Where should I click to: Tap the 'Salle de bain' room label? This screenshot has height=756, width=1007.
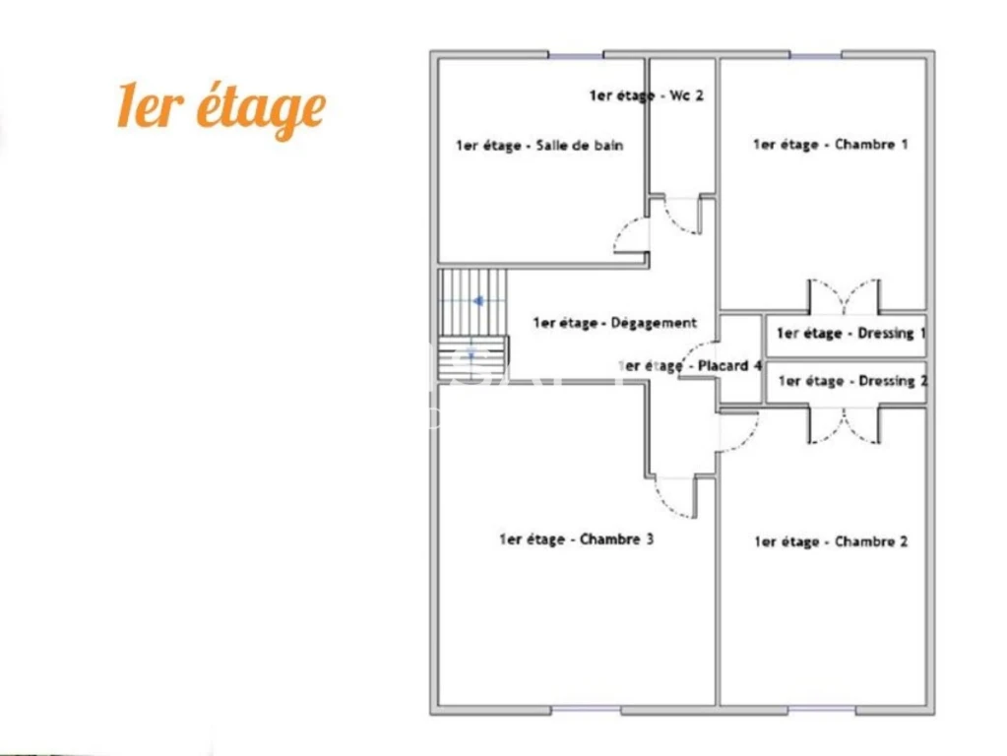point(539,146)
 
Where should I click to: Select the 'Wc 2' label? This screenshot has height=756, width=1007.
point(647,95)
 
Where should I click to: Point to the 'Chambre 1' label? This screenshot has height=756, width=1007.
point(831,145)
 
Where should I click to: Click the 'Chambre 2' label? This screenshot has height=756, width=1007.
point(831,542)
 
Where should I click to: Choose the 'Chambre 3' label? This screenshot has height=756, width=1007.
point(576,539)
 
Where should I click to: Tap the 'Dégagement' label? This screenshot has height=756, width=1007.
point(614,323)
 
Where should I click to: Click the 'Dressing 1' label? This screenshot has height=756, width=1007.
point(850,334)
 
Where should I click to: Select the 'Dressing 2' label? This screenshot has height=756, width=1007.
point(852,382)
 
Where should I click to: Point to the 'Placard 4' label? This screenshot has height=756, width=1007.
point(690,366)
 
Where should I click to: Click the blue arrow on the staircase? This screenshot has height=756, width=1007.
point(478,300)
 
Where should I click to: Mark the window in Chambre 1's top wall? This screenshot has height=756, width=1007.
point(815,55)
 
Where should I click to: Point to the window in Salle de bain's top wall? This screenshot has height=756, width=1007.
point(576,55)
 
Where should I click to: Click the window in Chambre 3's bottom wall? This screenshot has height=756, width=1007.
point(586,710)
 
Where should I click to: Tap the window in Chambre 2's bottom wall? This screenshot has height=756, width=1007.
point(821,710)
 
